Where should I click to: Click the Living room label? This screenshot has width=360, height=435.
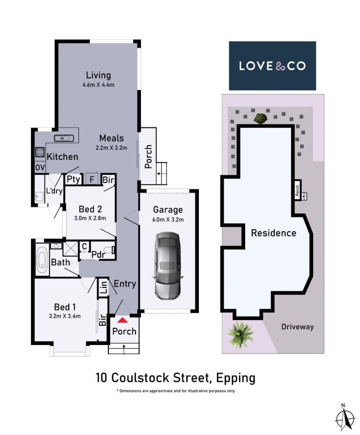pos(98,75)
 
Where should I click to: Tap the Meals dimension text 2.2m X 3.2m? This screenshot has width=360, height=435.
pos(111,148)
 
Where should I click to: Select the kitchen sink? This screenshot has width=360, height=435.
pos(64,138)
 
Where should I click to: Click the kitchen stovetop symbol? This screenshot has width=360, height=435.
pos(40,152)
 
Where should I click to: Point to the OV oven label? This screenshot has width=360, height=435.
pos(40,167)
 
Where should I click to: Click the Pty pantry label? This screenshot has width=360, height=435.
pos(73,179)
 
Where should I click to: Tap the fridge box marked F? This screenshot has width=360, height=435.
pos(92,179)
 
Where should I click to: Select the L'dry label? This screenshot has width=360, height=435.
pos(54,191)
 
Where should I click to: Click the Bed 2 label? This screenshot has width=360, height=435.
pos(90,209)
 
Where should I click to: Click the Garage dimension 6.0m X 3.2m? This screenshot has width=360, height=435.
pos(168,220)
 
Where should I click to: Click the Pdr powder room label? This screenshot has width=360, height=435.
pos(99,255)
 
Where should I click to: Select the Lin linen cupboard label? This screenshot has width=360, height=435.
pos(103,287)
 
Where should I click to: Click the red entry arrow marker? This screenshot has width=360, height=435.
pos(122,320)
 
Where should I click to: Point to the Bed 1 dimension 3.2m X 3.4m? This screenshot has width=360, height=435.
pos(65,316)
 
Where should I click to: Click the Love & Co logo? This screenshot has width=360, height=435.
pos(272,66)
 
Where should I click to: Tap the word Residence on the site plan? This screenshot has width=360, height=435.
pos(274,233)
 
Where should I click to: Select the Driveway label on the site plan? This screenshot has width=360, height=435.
pos(297,327)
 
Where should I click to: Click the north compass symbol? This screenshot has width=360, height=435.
pos(345,418)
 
